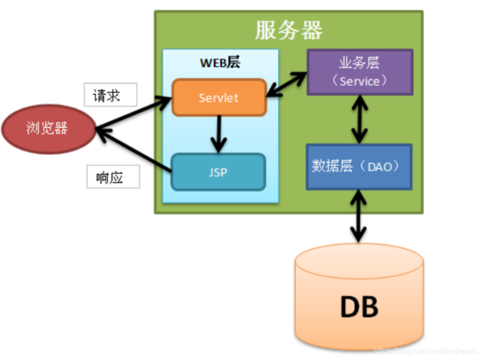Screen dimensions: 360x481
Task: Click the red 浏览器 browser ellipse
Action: tap(48, 129)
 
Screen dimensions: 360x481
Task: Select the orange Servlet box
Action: tap(219, 98)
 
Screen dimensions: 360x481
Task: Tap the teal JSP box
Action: tap(218, 172)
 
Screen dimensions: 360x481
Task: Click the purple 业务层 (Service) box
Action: tap(360, 72)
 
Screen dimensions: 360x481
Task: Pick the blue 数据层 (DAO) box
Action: tap(359, 167)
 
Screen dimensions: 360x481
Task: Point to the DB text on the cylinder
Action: tap(359, 307)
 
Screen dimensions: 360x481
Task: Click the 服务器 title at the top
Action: tap(289, 30)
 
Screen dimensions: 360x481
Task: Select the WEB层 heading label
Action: tap(220, 63)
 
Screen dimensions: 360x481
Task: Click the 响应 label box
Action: tap(113, 177)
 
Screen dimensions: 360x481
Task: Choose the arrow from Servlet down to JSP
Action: tap(218, 134)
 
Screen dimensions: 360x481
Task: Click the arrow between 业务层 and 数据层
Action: tap(360, 119)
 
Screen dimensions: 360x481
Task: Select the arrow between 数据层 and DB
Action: tap(359, 216)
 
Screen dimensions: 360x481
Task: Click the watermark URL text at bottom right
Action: tap(425, 351)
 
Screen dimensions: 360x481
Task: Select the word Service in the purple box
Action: tap(359, 81)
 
